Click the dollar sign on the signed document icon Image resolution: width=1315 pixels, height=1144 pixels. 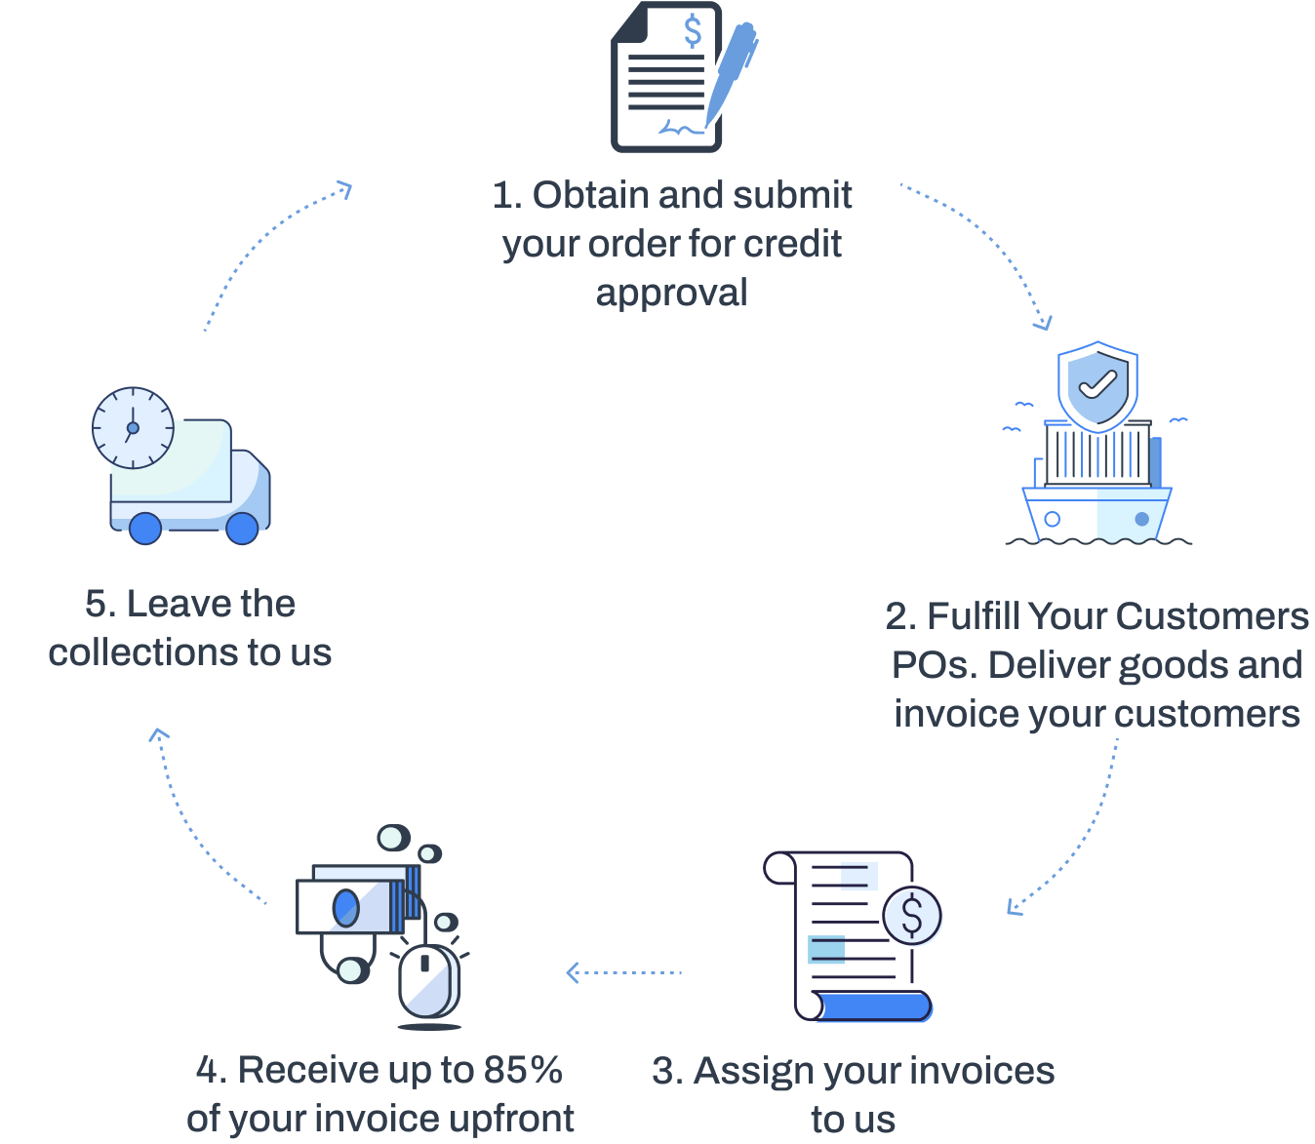tap(693, 31)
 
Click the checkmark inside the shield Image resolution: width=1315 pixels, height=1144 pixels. tap(1097, 383)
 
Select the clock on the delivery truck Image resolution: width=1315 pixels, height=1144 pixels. tap(133, 427)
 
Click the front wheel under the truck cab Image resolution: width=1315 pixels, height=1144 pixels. tap(242, 528)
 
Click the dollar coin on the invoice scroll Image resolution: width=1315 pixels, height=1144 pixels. tap(912, 916)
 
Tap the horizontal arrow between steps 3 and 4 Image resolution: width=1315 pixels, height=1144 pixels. tap(624, 972)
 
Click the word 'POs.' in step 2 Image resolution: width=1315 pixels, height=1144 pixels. tap(935, 665)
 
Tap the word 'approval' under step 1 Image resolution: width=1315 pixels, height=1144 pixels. tap(672, 293)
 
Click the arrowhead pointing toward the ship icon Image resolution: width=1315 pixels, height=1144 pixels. tap(1045, 323)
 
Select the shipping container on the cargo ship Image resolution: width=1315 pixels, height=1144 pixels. tap(1097, 454)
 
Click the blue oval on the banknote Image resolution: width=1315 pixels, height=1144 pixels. tap(345, 908)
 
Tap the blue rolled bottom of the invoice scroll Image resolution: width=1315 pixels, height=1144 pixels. tap(873, 1006)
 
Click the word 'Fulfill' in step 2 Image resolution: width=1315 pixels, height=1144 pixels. tap(973, 616)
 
